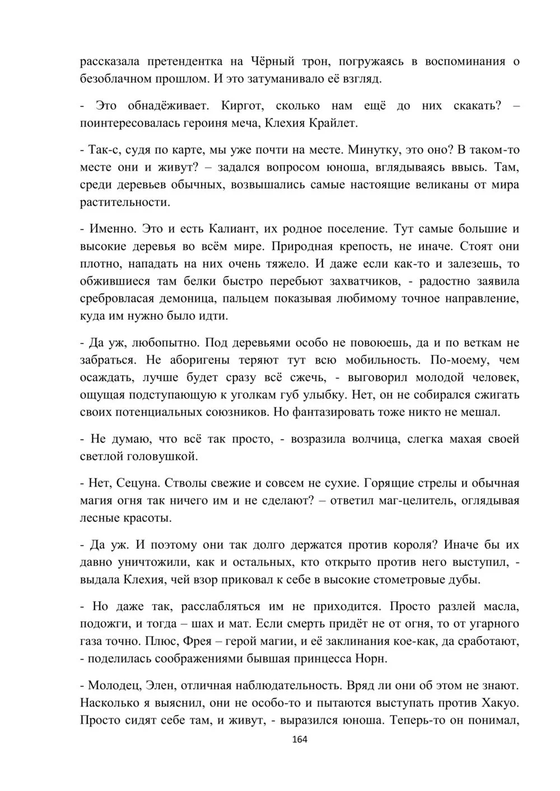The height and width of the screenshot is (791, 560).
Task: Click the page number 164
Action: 300,739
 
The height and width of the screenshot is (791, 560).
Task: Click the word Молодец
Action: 114,685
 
